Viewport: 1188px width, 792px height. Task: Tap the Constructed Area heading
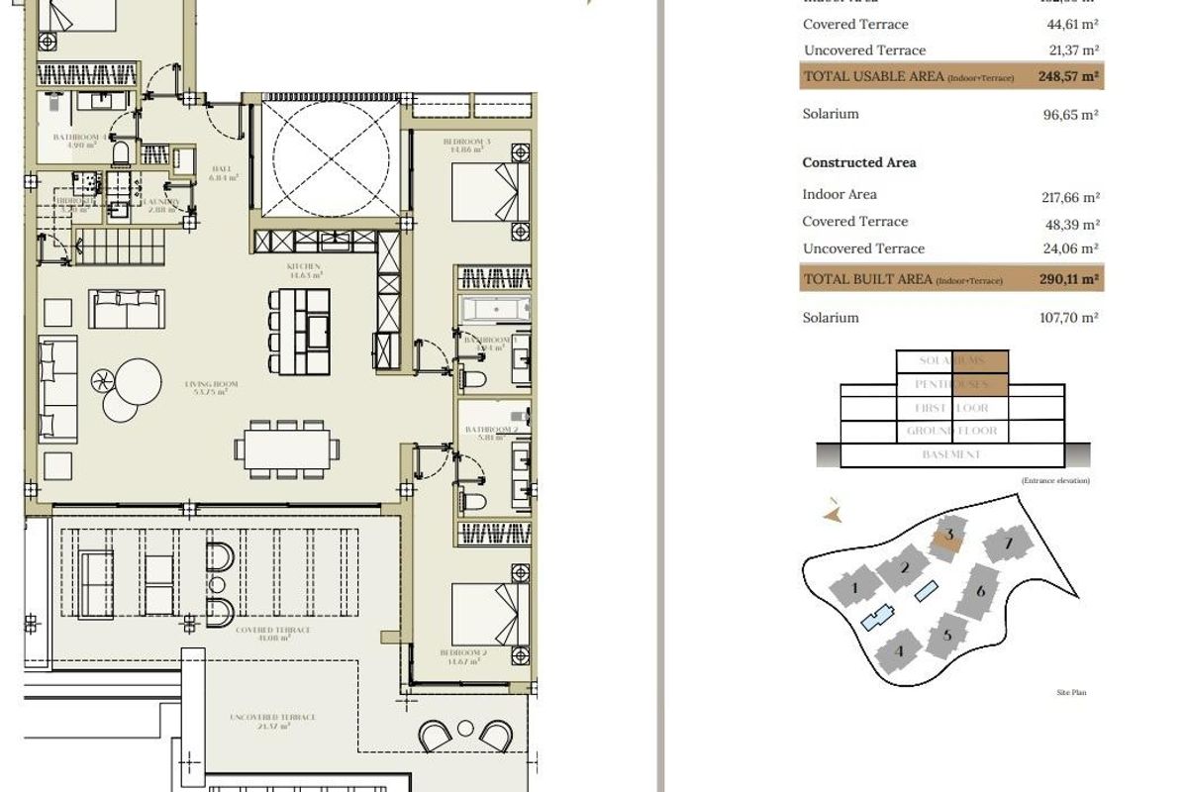point(858,162)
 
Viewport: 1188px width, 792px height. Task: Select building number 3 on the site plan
point(949,537)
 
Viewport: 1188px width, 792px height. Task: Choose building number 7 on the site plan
point(1008,544)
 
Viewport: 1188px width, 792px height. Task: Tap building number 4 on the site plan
point(899,650)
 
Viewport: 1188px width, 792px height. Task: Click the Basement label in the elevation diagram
point(950,454)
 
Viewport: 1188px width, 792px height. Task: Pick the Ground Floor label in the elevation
point(951,432)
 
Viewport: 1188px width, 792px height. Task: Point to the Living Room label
point(212,387)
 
